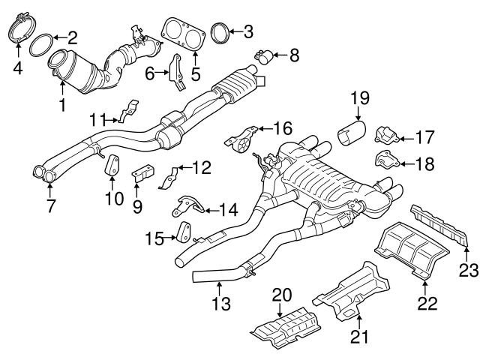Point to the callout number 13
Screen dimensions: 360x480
point(221,304)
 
